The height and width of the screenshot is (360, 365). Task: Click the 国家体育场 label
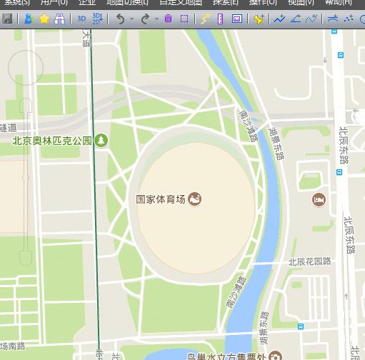pos(161,199)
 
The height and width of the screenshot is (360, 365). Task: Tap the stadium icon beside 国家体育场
pos(194,199)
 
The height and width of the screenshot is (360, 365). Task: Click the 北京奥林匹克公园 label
pos(52,140)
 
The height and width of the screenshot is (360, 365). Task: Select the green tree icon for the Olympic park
pos(101,140)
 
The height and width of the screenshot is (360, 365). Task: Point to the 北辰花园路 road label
pos(310,261)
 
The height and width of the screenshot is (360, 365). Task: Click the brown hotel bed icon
pos(319,199)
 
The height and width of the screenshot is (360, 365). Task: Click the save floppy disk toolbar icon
pos(7,19)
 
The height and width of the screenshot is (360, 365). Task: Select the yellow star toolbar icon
pos(44,19)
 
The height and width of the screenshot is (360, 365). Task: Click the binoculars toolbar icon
pos(60,19)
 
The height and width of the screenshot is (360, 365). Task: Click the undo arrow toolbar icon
pos(120,19)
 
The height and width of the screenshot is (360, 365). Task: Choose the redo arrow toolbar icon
pos(146,19)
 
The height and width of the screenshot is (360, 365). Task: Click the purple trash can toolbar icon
pos(168,19)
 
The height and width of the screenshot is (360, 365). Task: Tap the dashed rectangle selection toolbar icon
pos(184,19)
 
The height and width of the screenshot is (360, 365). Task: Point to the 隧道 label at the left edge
pos(8,127)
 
